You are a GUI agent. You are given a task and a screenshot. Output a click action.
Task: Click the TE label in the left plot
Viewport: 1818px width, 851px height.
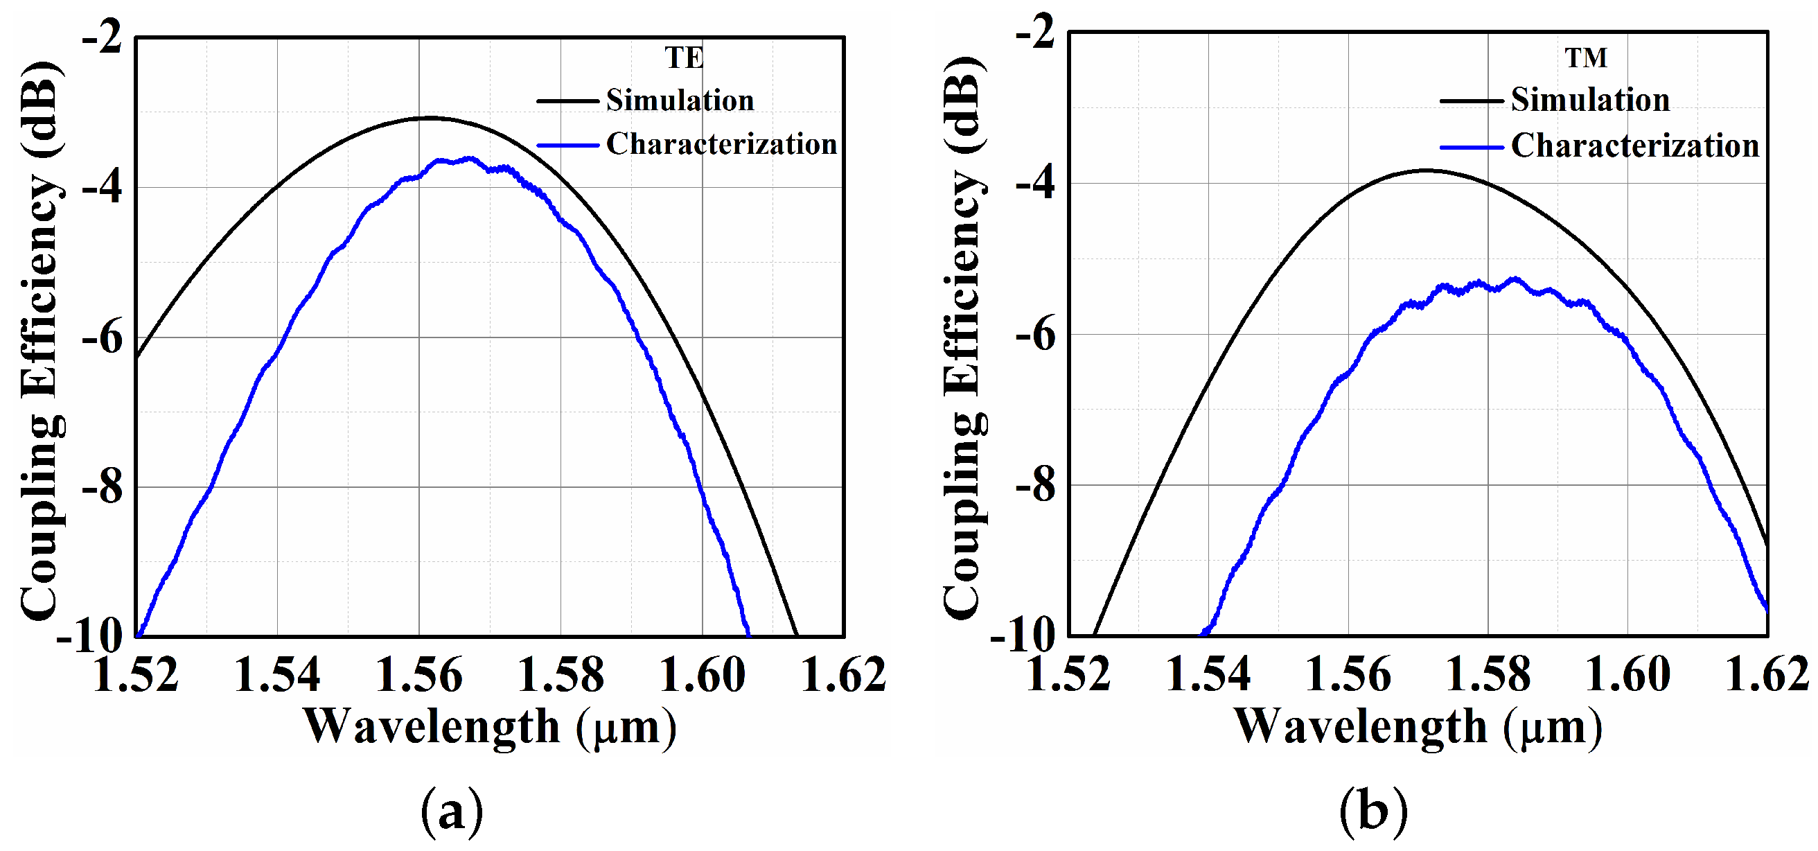pos(684,58)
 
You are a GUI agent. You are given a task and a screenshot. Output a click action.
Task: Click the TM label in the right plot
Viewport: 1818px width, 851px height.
pos(1586,58)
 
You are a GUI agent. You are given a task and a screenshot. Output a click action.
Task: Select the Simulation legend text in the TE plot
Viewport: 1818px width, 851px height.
pos(680,100)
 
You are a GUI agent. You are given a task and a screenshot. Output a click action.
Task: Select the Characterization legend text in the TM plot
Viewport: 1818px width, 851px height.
pos(1634,146)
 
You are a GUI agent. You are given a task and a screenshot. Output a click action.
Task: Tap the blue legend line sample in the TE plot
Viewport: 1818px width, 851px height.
pos(567,146)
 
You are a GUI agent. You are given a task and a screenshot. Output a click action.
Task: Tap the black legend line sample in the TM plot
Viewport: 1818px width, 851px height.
pos(1471,101)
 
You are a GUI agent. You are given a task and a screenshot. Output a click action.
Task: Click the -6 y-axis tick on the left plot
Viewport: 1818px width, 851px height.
pos(103,338)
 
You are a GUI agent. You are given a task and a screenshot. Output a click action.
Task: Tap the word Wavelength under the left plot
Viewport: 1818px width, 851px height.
pos(432,727)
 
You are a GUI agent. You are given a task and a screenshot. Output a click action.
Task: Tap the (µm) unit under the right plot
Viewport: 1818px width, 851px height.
pos(1553,727)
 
